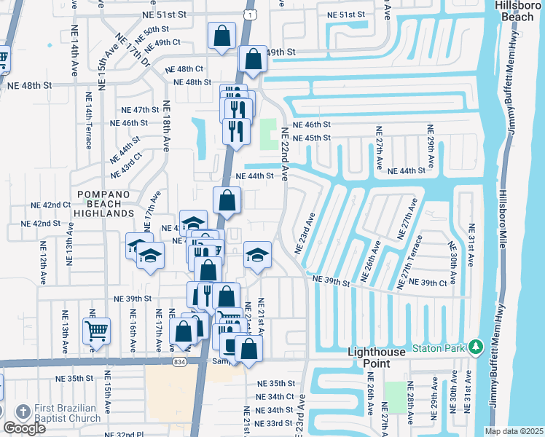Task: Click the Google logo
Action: [23, 428]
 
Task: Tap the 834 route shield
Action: [179, 362]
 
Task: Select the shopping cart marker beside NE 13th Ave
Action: [96, 331]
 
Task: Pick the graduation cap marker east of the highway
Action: [257, 255]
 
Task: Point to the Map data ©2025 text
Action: [514, 431]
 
